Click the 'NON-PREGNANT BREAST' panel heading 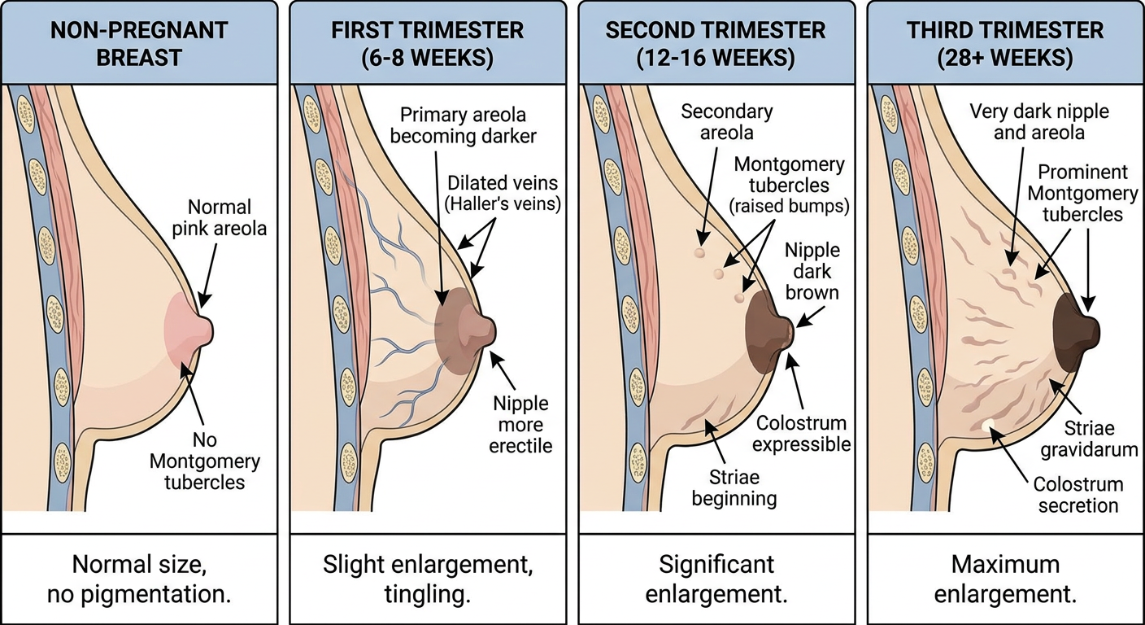[139, 44]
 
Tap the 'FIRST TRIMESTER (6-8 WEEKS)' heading [427, 44]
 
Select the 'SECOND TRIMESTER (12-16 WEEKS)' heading [716, 44]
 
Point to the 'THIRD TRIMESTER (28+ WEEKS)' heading [1005, 44]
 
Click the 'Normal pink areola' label [220, 218]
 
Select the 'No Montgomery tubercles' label [204, 461]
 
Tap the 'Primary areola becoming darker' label [463, 126]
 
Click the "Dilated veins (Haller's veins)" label [503, 194]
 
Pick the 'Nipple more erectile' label [520, 425]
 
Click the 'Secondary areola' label [726, 122]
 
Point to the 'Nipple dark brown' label [812, 271]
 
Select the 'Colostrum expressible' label [801, 434]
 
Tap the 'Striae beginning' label [734, 488]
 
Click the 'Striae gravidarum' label [1089, 439]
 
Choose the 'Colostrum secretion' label [1078, 495]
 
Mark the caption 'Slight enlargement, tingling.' [427, 579]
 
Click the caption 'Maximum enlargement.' [1005, 579]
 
